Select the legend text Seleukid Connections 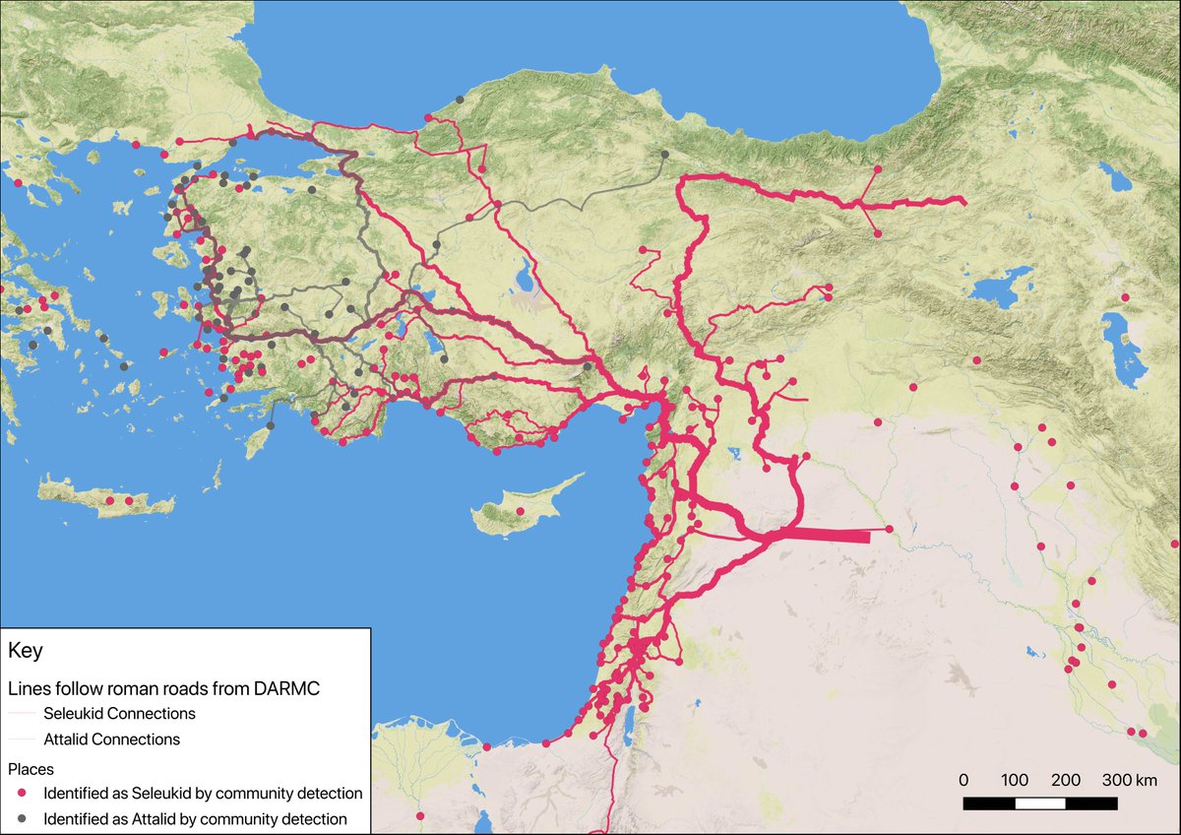click(x=118, y=713)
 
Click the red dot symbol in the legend click(x=23, y=793)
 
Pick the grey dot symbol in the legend click(x=23, y=818)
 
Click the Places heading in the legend click(x=31, y=767)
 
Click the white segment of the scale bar click(x=1040, y=803)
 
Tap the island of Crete click(x=108, y=500)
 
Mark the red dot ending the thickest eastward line click(x=889, y=530)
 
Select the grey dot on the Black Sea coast click(x=460, y=99)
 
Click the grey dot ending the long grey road click(x=665, y=155)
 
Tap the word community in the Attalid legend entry click(x=252, y=818)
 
